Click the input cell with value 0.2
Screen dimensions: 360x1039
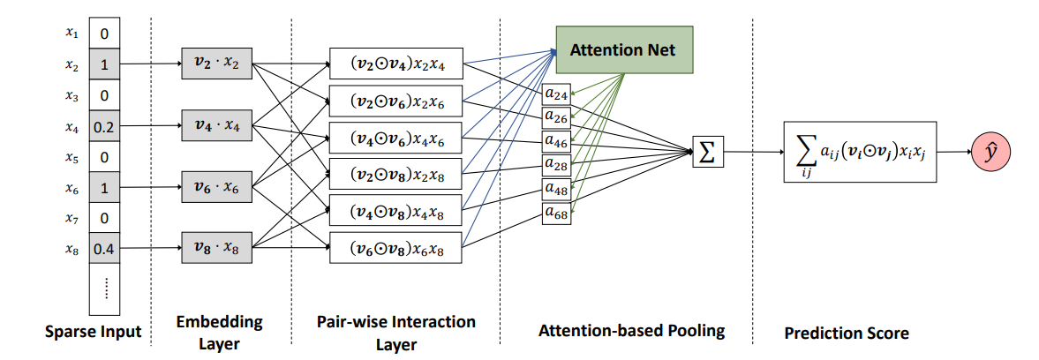pyautogui.click(x=104, y=127)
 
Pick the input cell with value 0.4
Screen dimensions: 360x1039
pyautogui.click(x=104, y=250)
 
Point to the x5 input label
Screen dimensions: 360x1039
pyautogui.click(x=72, y=158)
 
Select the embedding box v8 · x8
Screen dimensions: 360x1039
pyautogui.click(x=215, y=248)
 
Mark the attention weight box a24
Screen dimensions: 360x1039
pyautogui.click(x=557, y=93)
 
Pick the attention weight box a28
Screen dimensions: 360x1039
pyautogui.click(x=557, y=164)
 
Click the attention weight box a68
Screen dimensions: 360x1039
pyautogui.click(x=557, y=213)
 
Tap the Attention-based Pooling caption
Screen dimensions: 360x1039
pyautogui.click(x=631, y=332)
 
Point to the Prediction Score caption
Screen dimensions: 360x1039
pyautogui.click(x=846, y=334)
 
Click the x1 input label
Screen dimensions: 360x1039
pyautogui.click(x=72, y=34)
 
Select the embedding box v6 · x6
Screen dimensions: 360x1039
pyautogui.click(x=215, y=187)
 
